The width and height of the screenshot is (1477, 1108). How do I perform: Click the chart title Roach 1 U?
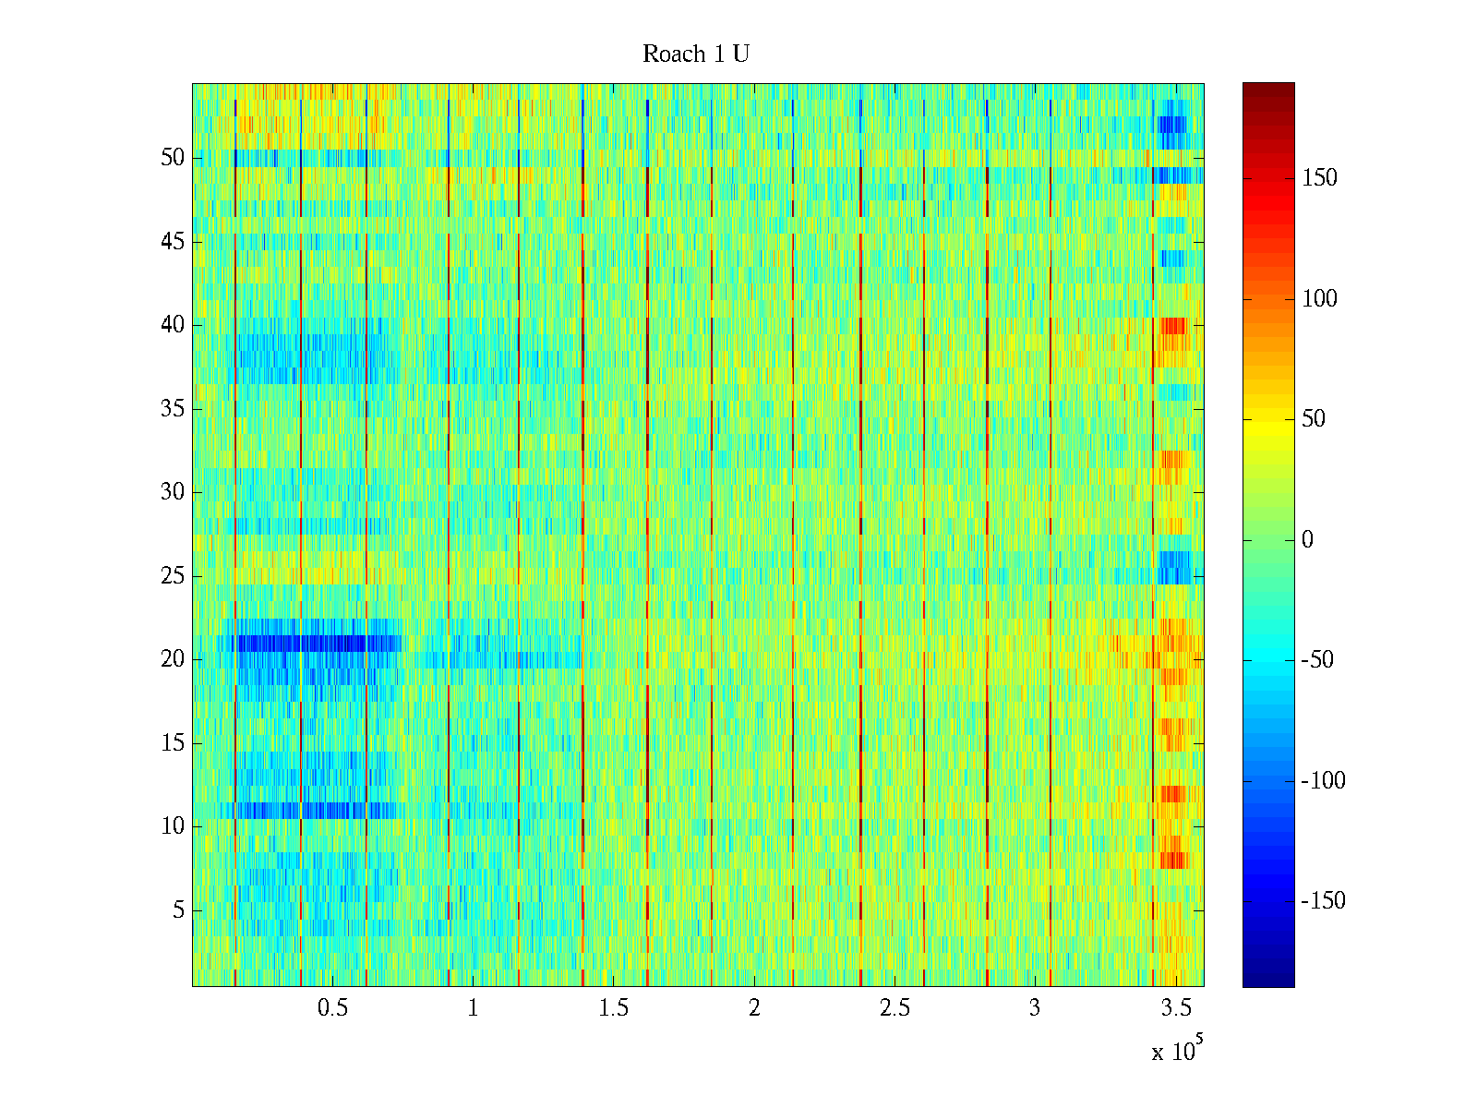click(696, 54)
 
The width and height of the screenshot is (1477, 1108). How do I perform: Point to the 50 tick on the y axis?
click(173, 158)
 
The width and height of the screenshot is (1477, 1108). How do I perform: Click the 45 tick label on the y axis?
click(173, 242)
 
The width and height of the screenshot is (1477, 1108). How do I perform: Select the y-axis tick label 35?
click(173, 409)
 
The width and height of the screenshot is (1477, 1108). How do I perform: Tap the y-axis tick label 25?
click(173, 576)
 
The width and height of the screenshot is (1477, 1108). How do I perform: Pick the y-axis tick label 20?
click(173, 659)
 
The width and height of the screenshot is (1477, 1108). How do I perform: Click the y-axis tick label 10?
click(173, 826)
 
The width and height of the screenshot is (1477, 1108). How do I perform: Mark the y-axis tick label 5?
click(178, 910)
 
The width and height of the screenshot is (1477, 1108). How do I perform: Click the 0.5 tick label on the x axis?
click(332, 1008)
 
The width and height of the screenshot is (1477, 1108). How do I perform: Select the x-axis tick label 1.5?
click(614, 1008)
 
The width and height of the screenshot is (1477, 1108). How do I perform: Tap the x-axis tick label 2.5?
click(895, 1008)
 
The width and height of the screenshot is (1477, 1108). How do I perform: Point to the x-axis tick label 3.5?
click(1175, 1008)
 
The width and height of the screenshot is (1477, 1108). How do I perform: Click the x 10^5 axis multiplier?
click(1177, 1051)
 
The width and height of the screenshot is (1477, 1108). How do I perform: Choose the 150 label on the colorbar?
click(1319, 178)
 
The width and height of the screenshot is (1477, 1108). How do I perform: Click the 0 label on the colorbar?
click(1307, 540)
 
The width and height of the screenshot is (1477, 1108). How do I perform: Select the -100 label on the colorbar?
click(1323, 781)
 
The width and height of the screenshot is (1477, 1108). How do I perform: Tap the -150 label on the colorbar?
click(1323, 901)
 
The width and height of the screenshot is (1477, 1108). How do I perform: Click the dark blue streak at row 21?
click(305, 643)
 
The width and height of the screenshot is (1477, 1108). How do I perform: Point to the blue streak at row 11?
click(305, 811)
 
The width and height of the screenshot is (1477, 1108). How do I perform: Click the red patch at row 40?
click(1173, 325)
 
